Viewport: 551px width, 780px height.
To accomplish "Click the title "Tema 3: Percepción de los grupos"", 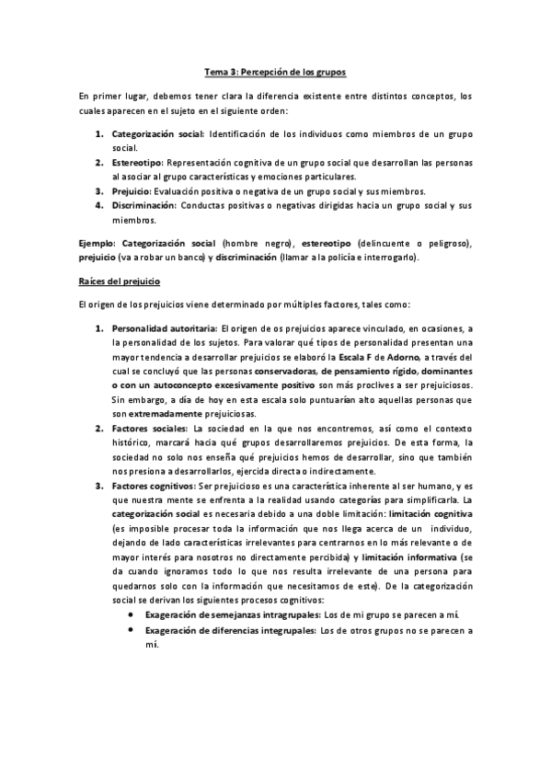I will point(274,71).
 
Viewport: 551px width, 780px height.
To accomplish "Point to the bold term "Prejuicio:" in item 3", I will point(134,191).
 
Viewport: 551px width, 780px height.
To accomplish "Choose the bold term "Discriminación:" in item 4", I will point(146,205).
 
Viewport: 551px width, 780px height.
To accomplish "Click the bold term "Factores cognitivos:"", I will point(154,487).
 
